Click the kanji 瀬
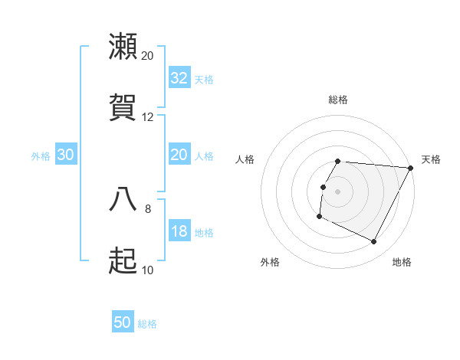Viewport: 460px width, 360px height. pyautogui.click(x=123, y=47)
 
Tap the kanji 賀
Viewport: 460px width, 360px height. pyautogui.click(x=123, y=107)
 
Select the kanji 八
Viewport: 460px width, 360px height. pyautogui.click(x=123, y=198)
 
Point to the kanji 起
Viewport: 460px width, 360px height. pyautogui.click(x=123, y=260)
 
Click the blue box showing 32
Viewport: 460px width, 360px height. pyautogui.click(x=179, y=77)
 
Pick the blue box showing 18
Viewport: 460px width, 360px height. pyautogui.click(x=179, y=231)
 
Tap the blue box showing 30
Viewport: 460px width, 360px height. pyautogui.click(x=66, y=155)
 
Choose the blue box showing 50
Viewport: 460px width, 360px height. pyautogui.click(x=123, y=322)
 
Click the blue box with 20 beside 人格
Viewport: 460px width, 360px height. pyautogui.click(x=179, y=155)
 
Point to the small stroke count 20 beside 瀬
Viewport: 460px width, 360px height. pyautogui.click(x=147, y=56)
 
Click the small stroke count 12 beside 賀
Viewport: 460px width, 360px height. pyautogui.click(x=147, y=117)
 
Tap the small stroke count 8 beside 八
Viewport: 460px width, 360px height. pyautogui.click(x=147, y=208)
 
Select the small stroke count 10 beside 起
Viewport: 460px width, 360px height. pyautogui.click(x=147, y=270)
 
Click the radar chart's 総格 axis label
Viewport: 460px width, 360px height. pyautogui.click(x=338, y=100)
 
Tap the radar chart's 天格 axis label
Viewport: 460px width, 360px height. pyautogui.click(x=431, y=159)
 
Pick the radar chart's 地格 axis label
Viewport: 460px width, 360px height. pyautogui.click(x=402, y=262)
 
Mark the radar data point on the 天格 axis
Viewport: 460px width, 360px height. pyautogui.click(x=411, y=168)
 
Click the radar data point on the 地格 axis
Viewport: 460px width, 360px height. pyautogui.click(x=374, y=242)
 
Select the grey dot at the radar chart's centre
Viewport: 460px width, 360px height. pyautogui.click(x=338, y=191)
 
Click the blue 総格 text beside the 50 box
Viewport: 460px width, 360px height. pyautogui.click(x=147, y=324)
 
